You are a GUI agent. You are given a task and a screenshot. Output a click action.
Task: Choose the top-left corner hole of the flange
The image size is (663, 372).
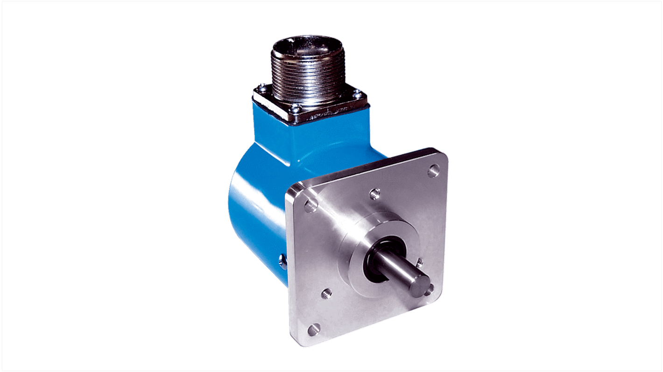point(310,205)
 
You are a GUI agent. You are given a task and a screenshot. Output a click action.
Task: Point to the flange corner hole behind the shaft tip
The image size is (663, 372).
point(430,289)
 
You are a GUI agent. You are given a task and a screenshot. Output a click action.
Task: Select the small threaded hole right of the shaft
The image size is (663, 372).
point(419,262)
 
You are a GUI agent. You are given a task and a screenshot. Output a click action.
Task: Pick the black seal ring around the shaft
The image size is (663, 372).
point(374,261)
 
